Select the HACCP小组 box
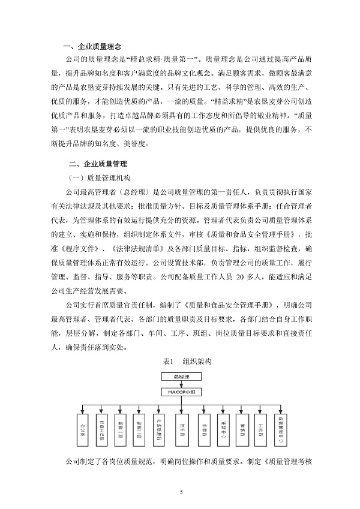tap(180, 390)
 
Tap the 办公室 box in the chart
tap(82, 428)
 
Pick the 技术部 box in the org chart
tap(181, 428)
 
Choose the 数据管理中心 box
tap(279, 429)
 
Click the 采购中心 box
tap(220, 428)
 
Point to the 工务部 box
tap(260, 428)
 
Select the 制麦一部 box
tap(122, 428)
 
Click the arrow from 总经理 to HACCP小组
tap(180, 384)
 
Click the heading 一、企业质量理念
tap(97, 46)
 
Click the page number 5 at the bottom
tap(181, 491)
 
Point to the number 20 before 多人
tap(242, 277)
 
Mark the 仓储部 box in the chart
tap(200, 428)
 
